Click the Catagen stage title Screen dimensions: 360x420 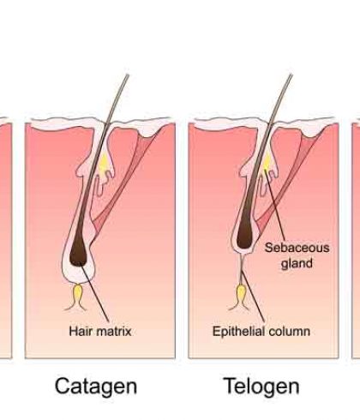[96, 387]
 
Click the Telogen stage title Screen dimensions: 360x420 [261, 386]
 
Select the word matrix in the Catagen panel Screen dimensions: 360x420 [114, 332]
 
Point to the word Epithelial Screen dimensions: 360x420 [238, 332]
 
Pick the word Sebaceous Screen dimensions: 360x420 [297, 248]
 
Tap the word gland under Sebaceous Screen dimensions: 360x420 [297, 263]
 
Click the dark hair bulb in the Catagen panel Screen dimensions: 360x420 [79, 251]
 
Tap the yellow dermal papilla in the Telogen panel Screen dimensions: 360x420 [241, 293]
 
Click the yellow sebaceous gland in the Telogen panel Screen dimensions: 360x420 [267, 163]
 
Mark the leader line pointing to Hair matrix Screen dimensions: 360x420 [94, 293]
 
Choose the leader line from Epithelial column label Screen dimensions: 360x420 [253, 297]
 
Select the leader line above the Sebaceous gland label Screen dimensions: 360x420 [275, 204]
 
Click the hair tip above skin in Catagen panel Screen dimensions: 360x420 [128, 75]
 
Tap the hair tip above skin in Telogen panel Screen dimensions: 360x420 [291, 75]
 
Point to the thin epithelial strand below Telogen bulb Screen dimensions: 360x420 [242, 269]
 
